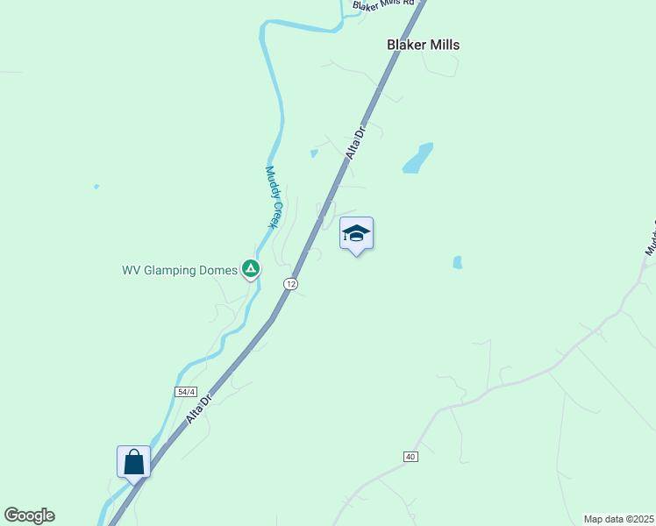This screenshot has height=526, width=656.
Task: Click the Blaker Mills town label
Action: click(423, 45)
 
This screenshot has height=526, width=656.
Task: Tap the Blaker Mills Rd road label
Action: click(383, 5)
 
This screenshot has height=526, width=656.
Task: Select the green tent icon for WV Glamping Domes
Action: click(251, 269)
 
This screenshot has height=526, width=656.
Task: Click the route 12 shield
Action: click(291, 284)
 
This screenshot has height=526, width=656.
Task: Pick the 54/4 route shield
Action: click(185, 392)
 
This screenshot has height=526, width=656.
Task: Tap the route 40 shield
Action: click(410, 457)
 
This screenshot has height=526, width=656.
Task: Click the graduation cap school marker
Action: click(356, 234)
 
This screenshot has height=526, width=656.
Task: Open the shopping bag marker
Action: click(133, 461)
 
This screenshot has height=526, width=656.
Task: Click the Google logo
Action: click(29, 515)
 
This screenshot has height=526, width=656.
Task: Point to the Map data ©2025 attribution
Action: click(618, 519)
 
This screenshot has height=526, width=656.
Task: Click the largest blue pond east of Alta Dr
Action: click(417, 158)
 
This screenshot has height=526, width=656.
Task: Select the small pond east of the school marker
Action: click(457, 262)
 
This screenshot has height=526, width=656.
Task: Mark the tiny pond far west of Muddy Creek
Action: click(96, 186)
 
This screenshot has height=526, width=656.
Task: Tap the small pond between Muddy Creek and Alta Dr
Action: click(313, 153)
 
